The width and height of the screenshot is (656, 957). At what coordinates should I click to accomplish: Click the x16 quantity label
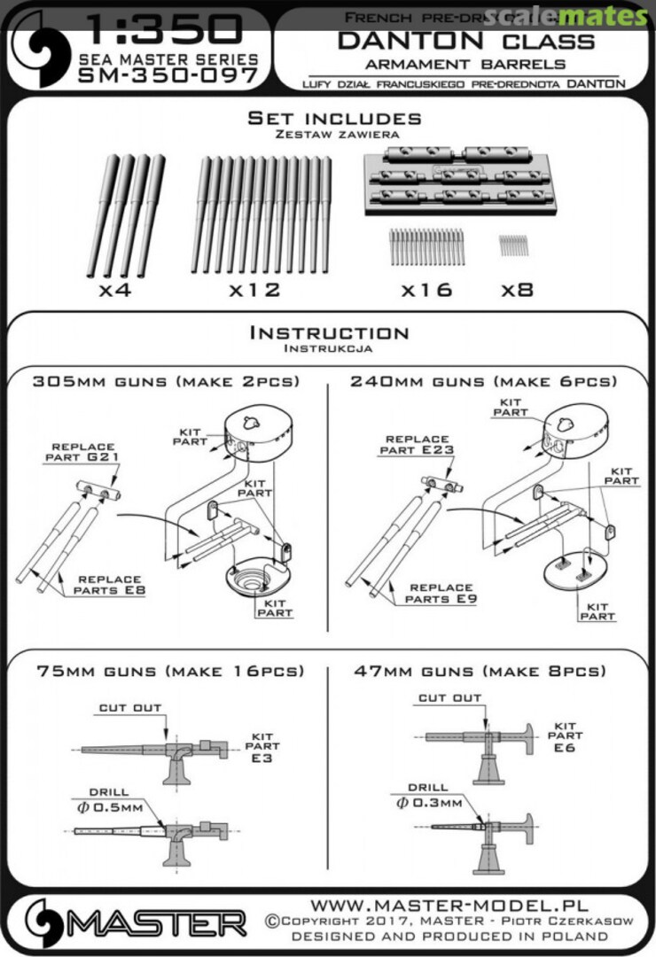426,290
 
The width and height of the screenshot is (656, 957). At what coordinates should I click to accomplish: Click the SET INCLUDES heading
333,119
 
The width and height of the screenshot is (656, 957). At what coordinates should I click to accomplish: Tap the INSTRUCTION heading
329,333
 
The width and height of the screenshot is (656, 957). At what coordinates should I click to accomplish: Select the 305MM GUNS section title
166,382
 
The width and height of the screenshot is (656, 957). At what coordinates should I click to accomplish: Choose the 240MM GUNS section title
483,382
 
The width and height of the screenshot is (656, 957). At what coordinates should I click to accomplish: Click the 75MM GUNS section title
170,671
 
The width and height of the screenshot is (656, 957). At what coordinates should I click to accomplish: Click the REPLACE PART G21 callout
83,452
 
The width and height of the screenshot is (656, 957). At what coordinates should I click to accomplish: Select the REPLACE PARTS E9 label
440,593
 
